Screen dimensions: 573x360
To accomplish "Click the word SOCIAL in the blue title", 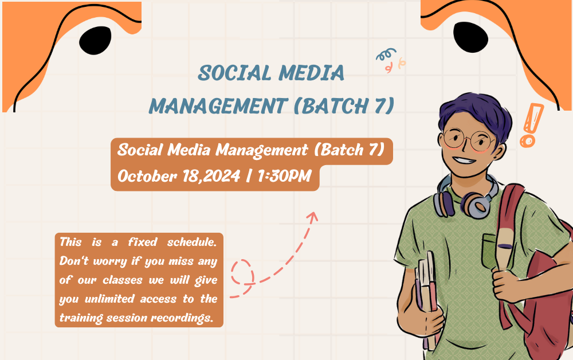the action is pos(234,73).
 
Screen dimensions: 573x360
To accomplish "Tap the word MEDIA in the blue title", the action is pos(311,73).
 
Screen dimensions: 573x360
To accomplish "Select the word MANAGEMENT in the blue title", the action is pos(218,107).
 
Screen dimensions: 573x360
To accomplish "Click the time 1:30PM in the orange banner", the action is pos(284,176).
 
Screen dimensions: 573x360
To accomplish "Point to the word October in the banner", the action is pos(147,176).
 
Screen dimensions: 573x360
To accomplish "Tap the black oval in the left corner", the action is pos(95,40).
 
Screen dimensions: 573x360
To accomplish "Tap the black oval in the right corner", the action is pos(470,37).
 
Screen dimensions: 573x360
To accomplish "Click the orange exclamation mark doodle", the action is pos(531,126).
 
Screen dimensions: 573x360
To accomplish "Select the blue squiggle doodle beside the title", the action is pos(386,54).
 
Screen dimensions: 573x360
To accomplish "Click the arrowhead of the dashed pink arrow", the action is pos(312,216).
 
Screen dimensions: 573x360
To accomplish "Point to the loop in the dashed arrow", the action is pos(242,272).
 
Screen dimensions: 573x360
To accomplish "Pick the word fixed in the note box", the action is pos(143,242).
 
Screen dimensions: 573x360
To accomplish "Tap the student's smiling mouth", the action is pos(464,160).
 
